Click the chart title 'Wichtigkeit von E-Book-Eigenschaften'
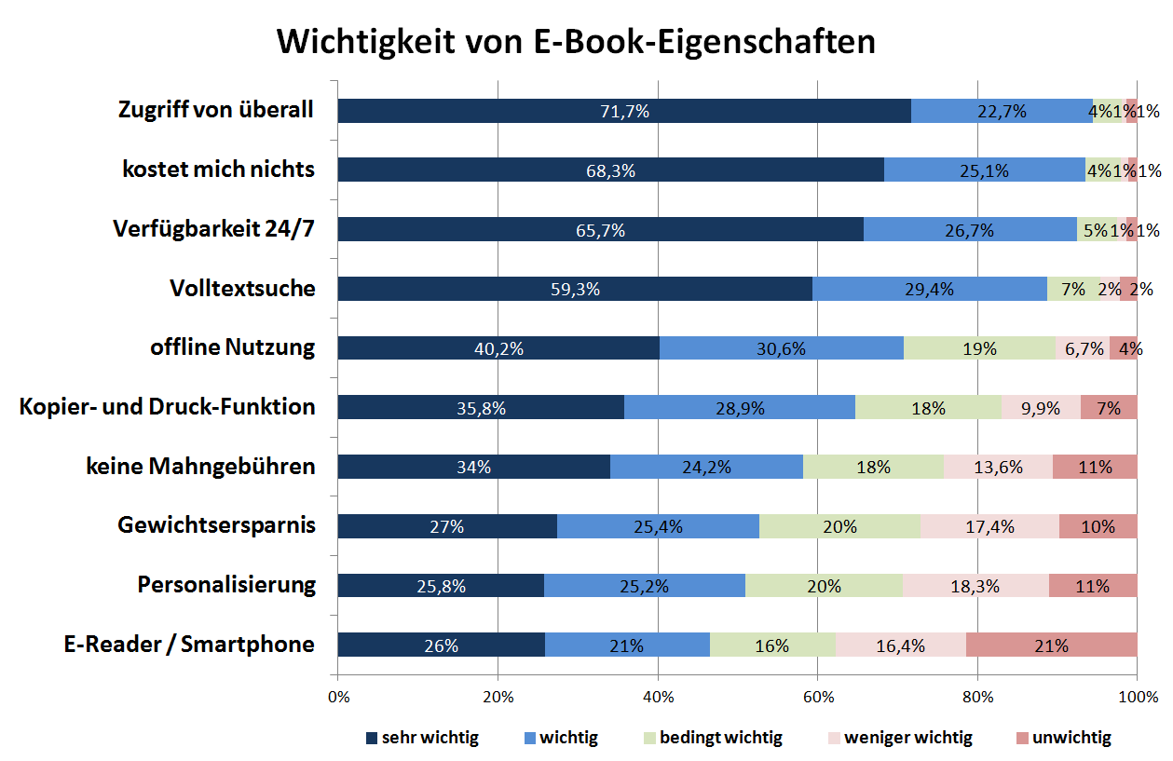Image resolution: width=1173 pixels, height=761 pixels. coord(576,43)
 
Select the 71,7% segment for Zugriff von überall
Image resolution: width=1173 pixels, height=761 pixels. coord(623,111)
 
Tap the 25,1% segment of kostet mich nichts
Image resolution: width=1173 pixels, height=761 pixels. coord(985,170)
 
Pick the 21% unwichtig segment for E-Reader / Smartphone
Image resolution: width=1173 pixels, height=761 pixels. coord(1052,645)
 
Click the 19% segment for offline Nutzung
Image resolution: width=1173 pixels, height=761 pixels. coord(979,348)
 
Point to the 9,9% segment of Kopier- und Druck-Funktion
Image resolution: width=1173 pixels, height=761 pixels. coord(1041,407)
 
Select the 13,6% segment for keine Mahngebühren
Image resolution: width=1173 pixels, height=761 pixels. coord(998,467)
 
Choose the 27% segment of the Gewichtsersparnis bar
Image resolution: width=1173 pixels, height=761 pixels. coord(447,526)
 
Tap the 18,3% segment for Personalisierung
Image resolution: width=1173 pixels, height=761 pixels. coord(975,585)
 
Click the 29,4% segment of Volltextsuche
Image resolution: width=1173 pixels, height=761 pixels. coord(929,289)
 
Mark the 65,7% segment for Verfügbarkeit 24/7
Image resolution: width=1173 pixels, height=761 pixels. coord(600,229)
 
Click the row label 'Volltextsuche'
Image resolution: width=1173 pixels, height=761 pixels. coord(242,288)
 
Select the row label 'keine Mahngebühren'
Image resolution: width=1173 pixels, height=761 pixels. coord(200,466)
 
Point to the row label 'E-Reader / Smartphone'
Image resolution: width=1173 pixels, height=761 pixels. coord(189,644)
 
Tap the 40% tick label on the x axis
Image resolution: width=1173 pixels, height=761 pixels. coord(658,698)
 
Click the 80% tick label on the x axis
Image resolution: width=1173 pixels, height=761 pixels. coord(977,698)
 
